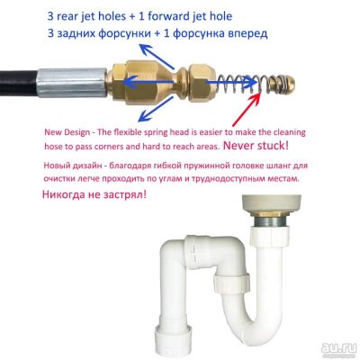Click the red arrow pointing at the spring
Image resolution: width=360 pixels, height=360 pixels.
(246, 108)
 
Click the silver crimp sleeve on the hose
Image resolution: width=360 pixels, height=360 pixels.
(72, 83)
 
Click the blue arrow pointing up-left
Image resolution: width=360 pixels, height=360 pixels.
(157, 56)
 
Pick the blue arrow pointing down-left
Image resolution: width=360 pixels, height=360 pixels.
(156, 110)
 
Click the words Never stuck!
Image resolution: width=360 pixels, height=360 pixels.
(256, 146)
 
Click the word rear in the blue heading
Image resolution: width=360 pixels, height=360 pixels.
(67, 17)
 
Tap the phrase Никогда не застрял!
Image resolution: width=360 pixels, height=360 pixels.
(94, 194)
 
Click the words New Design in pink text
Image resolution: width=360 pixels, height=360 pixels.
(67, 132)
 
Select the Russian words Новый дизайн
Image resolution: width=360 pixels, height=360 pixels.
(73, 166)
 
